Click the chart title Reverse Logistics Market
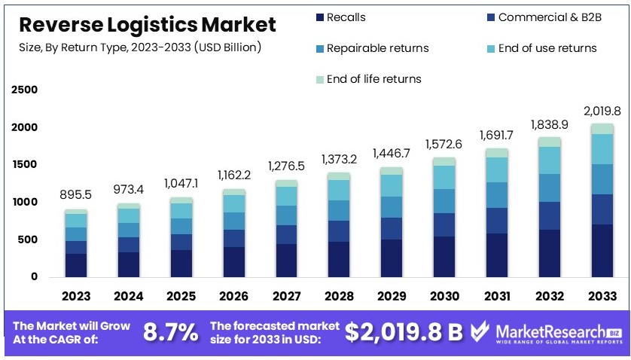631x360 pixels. pos(147,25)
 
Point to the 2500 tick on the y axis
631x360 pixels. pos(24,90)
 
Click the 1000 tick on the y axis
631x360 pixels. pos(24,203)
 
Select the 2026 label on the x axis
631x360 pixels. pos(233,296)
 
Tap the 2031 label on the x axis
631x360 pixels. pos(496,296)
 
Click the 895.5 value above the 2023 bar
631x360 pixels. pos(75,194)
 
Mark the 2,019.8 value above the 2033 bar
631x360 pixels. pos(601,111)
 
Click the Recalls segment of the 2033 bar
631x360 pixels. pos(601,251)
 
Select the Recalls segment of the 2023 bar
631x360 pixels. pos(75,265)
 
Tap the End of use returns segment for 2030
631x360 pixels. pos(444,177)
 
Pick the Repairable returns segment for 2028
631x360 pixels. pos(338,210)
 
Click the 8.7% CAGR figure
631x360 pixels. pos(171,332)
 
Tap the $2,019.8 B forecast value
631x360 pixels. pos(404,332)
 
